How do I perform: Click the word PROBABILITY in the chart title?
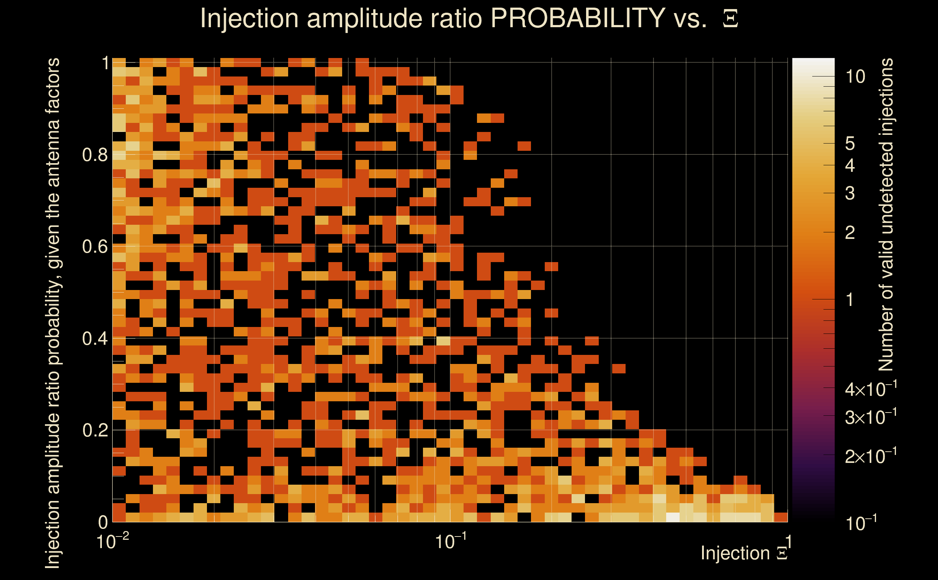(x=578, y=18)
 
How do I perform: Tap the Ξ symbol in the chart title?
(x=730, y=19)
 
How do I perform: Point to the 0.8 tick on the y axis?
(x=95, y=155)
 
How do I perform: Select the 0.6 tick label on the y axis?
(x=95, y=246)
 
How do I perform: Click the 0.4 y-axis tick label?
(x=95, y=339)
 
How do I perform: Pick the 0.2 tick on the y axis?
(x=95, y=430)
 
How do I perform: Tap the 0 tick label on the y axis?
(x=103, y=522)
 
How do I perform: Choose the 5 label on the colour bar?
(x=850, y=144)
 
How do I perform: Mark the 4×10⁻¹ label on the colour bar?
(x=871, y=390)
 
